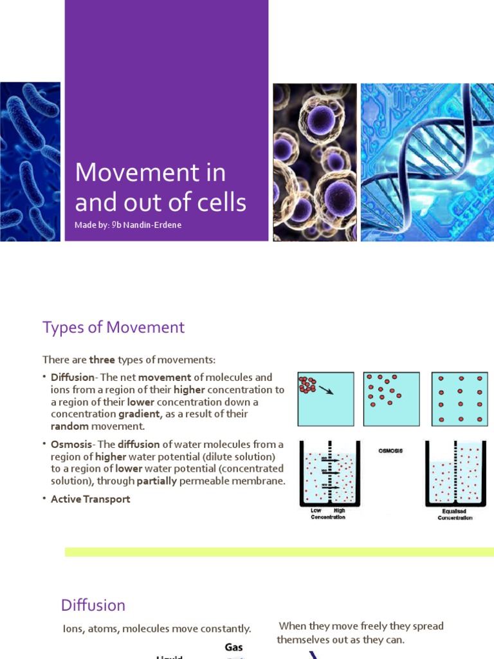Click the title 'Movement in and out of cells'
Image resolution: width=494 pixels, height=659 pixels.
(160, 187)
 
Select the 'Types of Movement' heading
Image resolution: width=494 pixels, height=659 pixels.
(113, 327)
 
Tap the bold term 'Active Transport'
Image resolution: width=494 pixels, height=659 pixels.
(90, 499)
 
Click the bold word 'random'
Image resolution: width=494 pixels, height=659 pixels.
(69, 426)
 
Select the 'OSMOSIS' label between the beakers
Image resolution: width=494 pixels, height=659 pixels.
(390, 450)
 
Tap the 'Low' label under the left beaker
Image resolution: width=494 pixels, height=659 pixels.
(316, 510)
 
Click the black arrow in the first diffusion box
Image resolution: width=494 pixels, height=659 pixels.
(326, 390)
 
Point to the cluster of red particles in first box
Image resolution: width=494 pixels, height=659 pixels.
(307, 385)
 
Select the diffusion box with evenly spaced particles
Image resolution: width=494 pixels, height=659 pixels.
(459, 399)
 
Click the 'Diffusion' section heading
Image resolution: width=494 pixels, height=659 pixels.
(93, 605)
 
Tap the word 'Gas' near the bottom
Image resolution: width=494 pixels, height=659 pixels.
(233, 647)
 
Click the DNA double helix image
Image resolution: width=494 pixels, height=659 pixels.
(427, 162)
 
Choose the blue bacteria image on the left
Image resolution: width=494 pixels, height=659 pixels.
(30, 162)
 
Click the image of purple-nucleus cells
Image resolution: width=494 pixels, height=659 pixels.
(315, 162)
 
